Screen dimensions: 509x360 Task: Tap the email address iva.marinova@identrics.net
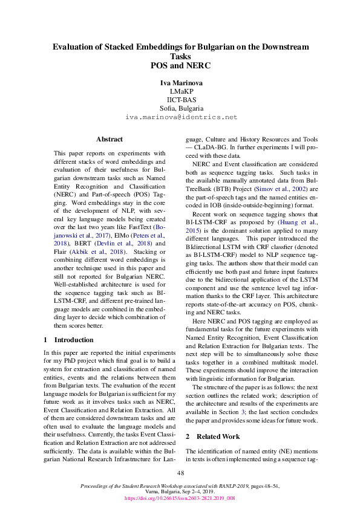(180, 117)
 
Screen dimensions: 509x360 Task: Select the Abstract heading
(110, 139)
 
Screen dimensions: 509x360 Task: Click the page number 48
(180, 473)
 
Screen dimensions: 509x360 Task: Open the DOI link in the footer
(180, 499)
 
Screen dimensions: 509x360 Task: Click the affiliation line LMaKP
(180, 91)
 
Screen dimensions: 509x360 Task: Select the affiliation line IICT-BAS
(180, 99)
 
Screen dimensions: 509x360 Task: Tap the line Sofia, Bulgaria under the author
(180, 108)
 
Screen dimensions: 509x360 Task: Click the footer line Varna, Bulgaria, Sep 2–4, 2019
(180, 493)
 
